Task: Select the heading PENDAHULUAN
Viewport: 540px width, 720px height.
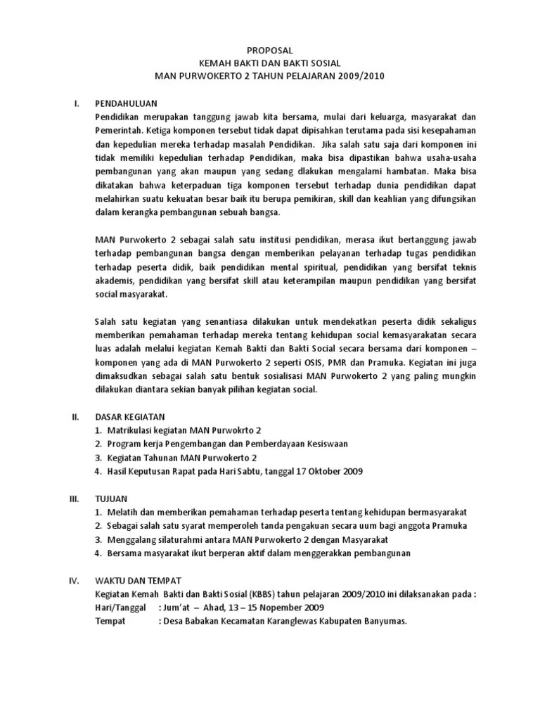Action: tap(126, 103)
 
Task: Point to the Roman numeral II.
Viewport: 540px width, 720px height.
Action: tap(75, 417)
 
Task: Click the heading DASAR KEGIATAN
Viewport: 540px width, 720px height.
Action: tap(131, 417)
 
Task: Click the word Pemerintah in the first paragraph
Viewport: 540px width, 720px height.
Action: tap(120, 130)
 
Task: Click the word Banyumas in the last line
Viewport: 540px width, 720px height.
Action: tap(385, 622)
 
